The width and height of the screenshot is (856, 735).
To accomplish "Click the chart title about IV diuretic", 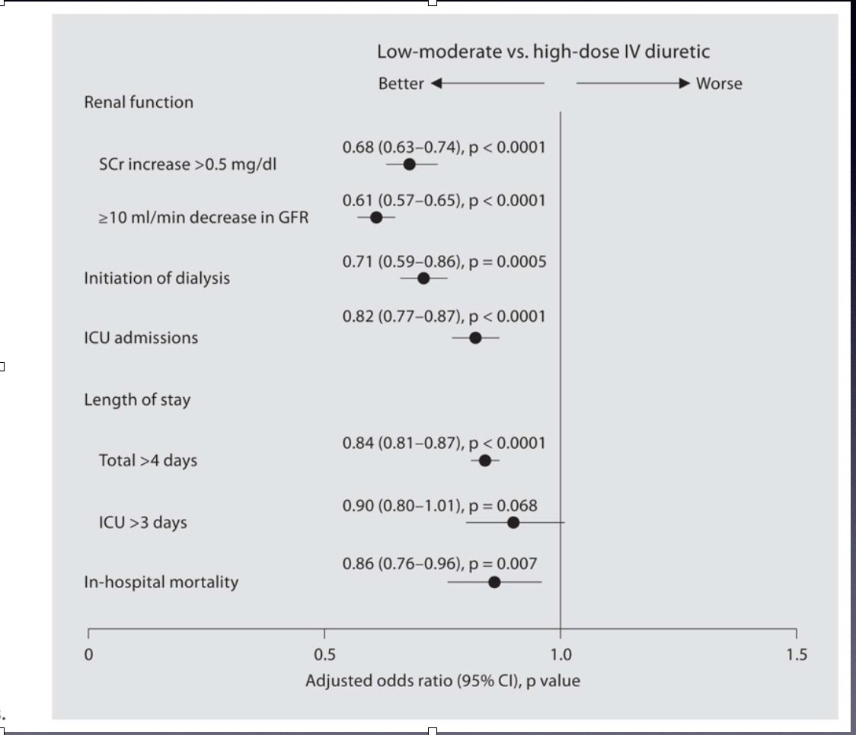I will tap(544, 52).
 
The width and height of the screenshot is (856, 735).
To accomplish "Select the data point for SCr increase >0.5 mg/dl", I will tap(409, 164).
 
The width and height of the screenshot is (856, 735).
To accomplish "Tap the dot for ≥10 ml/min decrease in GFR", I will tap(375, 218).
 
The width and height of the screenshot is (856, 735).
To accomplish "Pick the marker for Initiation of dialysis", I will tap(423, 278).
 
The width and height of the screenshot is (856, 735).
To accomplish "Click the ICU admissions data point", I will tap(475, 338).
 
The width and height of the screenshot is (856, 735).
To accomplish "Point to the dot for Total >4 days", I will tap(484, 460).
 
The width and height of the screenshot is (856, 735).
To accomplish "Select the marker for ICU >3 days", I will tap(513, 522).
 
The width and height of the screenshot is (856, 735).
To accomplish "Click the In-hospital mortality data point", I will tap(494, 582).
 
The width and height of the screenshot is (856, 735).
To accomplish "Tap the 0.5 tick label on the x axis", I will tap(324, 654).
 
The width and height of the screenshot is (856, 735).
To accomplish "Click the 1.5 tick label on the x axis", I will tap(797, 654).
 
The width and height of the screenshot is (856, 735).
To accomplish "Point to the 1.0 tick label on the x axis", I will tap(561, 654).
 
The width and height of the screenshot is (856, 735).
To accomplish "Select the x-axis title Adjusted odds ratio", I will tap(442, 680).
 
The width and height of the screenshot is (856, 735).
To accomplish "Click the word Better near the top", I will tap(401, 84).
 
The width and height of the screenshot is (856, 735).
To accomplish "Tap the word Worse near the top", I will tap(719, 84).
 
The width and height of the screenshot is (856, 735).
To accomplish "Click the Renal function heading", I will tap(139, 102).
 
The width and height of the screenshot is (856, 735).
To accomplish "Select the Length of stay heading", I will tap(137, 399).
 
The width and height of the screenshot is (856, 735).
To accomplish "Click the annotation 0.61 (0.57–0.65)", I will tap(402, 201).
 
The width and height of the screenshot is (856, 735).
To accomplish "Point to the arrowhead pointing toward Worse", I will tap(685, 83).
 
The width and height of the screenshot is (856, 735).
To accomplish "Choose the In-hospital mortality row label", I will tap(161, 582).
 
